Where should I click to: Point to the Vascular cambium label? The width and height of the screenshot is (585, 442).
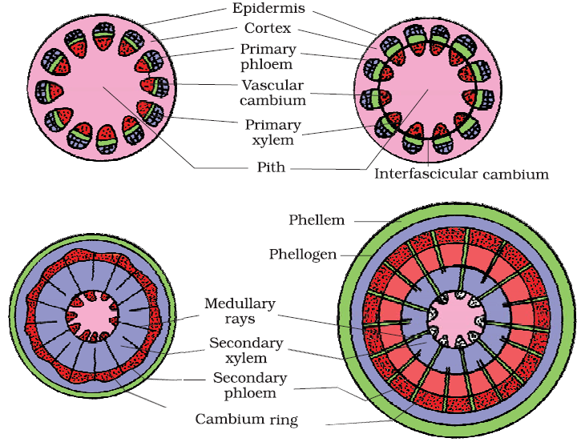[x=272, y=93]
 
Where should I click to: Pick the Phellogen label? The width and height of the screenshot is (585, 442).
[x=304, y=255]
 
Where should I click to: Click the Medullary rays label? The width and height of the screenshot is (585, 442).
[x=239, y=311]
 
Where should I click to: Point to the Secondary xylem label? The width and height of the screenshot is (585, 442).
[x=246, y=350]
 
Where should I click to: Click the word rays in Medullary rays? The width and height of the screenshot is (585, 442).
[x=239, y=319]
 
